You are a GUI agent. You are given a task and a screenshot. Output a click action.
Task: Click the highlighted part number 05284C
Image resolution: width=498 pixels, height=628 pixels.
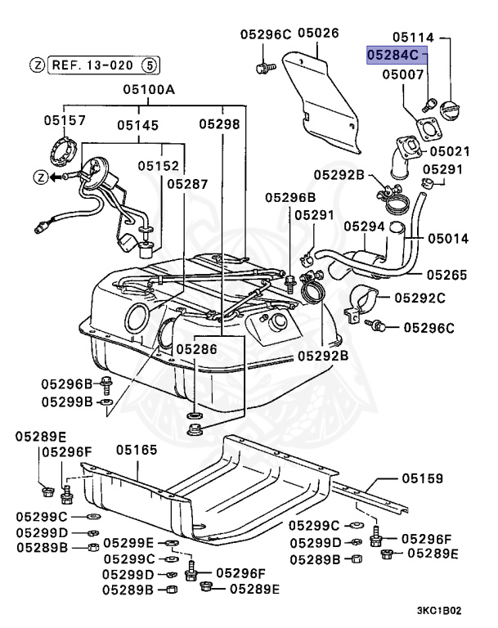(x=396, y=56)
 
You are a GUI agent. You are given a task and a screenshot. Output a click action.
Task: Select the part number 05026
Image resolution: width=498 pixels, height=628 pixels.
(x=317, y=34)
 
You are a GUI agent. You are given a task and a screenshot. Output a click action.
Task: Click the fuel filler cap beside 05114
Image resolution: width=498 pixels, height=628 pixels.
(x=453, y=110)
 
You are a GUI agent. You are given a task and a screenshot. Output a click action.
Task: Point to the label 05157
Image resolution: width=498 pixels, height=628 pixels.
(x=65, y=121)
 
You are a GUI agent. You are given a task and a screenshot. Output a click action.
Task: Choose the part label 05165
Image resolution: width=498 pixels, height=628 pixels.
(x=136, y=450)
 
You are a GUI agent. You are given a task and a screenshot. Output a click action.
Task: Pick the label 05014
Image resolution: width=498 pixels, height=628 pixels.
(x=446, y=240)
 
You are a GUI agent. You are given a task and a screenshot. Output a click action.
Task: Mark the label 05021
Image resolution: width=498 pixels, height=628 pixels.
(x=451, y=151)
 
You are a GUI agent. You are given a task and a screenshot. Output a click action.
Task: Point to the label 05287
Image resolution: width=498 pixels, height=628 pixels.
(x=188, y=185)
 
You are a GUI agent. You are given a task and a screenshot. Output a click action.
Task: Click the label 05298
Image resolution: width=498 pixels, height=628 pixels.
(x=220, y=124)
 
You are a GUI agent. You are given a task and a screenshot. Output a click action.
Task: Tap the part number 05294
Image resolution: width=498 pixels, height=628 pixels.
(x=364, y=225)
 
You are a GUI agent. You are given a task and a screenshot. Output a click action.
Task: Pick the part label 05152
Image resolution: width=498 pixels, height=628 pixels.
(x=158, y=166)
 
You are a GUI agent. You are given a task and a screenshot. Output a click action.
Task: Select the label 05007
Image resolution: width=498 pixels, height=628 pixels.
(x=403, y=74)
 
